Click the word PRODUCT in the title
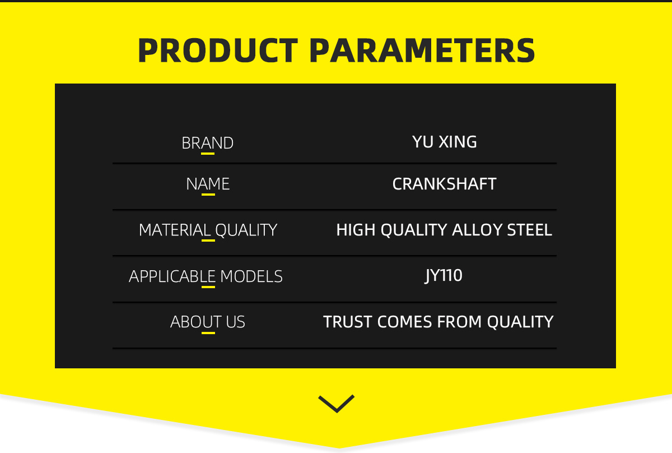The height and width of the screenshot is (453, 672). click(218, 50)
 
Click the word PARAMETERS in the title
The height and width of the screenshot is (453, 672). click(422, 50)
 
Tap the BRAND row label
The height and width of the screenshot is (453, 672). click(207, 143)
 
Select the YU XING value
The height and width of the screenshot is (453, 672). click(444, 141)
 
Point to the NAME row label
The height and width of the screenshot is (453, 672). click(208, 184)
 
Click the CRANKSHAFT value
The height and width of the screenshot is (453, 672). click(444, 184)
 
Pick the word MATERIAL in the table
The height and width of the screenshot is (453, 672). click(175, 230)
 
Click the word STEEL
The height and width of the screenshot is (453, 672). click(530, 230)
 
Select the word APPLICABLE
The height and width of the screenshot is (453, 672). click(172, 276)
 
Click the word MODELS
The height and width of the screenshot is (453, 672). click(251, 276)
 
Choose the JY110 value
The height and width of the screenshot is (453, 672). click(444, 276)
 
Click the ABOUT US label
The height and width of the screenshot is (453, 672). click(208, 322)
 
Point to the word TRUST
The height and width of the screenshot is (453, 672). click(348, 322)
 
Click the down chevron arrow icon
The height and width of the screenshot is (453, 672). click(337, 404)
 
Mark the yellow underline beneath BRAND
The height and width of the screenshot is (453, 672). click(208, 154)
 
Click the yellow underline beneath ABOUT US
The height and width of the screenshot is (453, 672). click(208, 333)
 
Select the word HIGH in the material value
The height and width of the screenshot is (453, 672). click(356, 230)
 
